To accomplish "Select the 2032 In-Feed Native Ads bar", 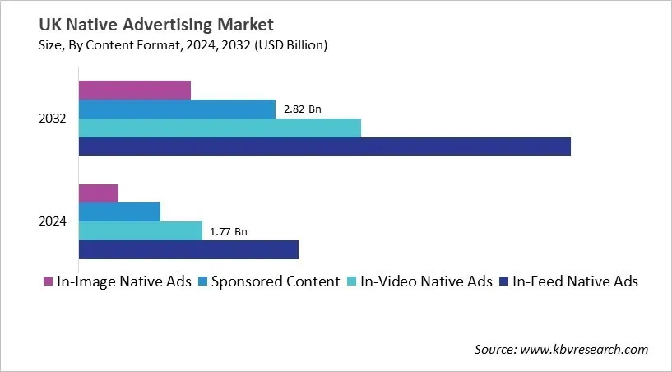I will click(x=324, y=146).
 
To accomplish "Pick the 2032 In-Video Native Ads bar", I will click(x=220, y=128).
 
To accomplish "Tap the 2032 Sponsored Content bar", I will click(x=177, y=109).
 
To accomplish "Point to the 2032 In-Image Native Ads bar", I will click(x=135, y=90).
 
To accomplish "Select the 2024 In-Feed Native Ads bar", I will click(x=188, y=250).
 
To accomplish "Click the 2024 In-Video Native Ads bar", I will click(x=141, y=231).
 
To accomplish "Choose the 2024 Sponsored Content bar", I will click(x=119, y=212).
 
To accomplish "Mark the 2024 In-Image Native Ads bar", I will click(x=99, y=193).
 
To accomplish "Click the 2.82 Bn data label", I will click(x=302, y=109).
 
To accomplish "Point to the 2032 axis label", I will click(x=52, y=119).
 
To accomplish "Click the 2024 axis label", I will click(x=52, y=222).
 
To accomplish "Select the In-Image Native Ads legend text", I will click(x=123, y=281).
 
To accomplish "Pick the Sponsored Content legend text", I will click(x=276, y=281).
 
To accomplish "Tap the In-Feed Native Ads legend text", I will click(x=575, y=281).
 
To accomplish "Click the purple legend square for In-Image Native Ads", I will click(x=48, y=282).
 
